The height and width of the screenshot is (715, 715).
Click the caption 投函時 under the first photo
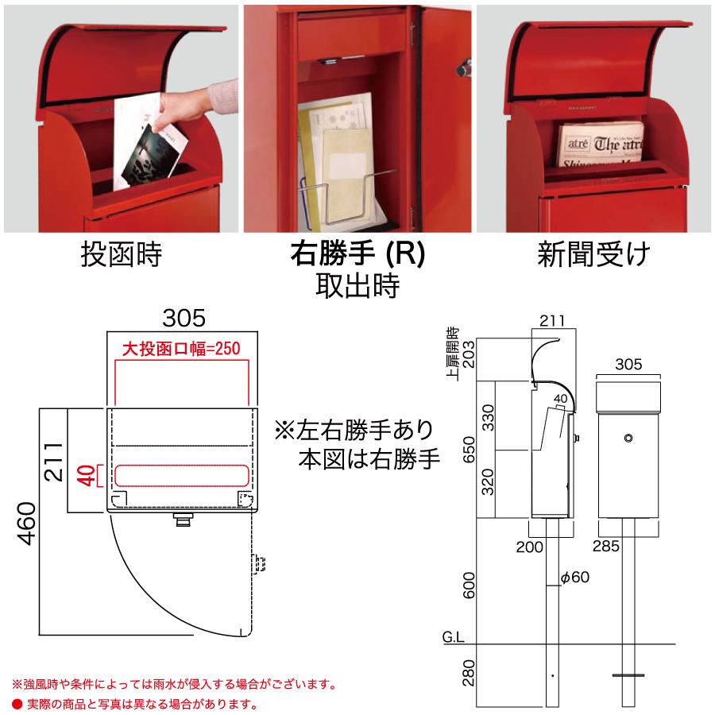point(121,255)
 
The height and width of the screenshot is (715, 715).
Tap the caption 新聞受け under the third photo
point(593,255)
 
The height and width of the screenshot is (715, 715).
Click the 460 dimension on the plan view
point(27,522)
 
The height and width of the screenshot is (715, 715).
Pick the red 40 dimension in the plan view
point(89,475)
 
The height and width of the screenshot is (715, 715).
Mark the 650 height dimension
point(470,448)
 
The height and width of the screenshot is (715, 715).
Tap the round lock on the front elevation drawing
point(628,438)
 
